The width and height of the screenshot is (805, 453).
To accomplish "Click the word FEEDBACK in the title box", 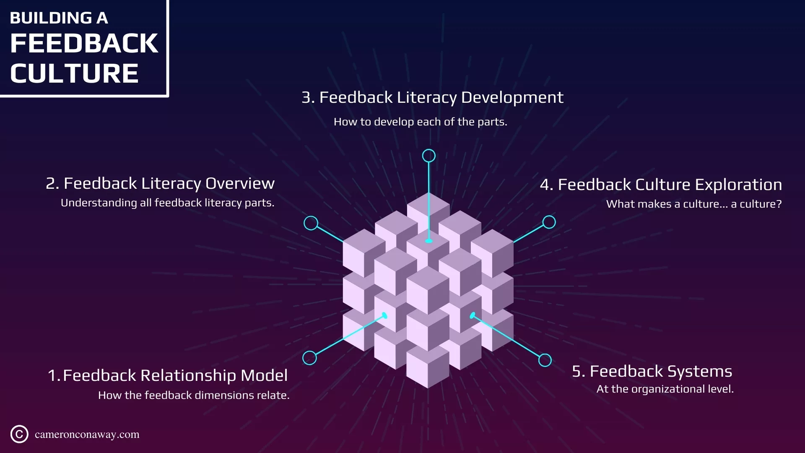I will point(84,43).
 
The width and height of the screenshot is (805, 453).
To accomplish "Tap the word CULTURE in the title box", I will point(74,73).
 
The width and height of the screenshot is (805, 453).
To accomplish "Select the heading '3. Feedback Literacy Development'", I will point(432,97).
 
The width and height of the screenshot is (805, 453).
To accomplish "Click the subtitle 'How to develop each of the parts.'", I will point(420,122).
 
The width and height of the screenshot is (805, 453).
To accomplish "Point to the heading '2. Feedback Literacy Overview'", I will point(160,183).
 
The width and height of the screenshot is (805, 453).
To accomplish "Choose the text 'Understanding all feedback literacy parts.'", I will point(167,203).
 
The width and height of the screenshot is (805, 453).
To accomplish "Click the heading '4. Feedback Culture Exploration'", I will point(661,185).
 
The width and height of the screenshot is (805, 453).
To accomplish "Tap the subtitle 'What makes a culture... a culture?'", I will point(694,204).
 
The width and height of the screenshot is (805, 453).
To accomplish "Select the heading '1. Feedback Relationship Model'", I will point(168,375).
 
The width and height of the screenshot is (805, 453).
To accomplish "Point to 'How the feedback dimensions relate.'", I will point(194,395).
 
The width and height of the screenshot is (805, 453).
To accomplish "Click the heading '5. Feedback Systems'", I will point(652,371).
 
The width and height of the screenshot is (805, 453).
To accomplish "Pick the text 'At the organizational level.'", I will point(665,389).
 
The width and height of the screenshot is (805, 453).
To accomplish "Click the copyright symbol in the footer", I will point(19,434).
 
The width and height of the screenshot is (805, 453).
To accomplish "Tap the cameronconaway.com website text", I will point(87,435).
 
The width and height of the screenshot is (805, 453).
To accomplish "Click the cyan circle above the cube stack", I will point(428,156).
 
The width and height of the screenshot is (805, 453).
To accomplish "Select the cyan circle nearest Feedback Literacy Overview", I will point(311,223).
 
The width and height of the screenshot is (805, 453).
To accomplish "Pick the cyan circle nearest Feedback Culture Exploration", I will point(549,222).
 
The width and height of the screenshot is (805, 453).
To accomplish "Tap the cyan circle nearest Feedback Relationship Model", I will point(309,358).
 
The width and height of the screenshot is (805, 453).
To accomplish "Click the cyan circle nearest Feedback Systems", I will point(545,360).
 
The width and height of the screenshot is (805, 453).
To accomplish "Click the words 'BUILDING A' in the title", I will point(59,18).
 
